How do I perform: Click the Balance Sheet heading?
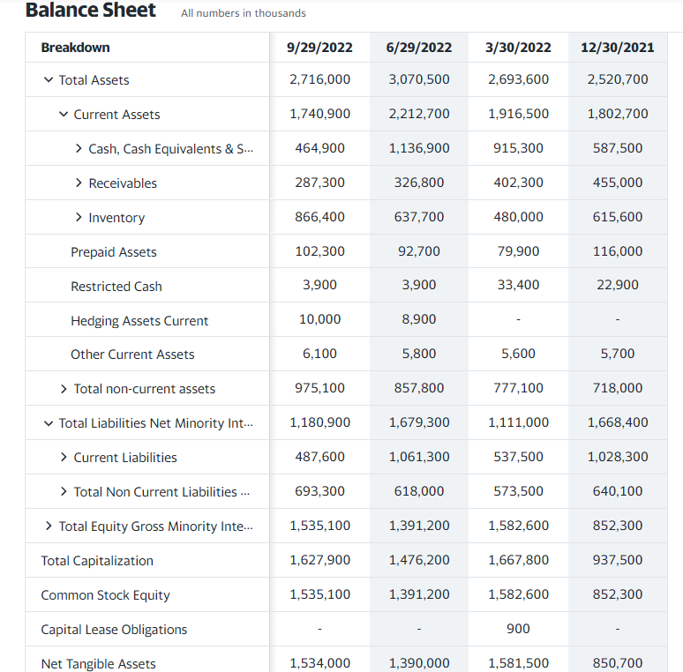click(91, 11)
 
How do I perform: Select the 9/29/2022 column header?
click(319, 48)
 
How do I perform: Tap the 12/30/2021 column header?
click(618, 48)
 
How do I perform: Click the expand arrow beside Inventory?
click(79, 217)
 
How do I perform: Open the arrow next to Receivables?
click(79, 183)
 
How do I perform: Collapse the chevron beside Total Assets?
click(49, 80)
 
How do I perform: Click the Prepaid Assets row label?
click(114, 252)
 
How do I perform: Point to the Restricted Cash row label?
click(116, 287)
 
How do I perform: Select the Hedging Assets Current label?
click(139, 321)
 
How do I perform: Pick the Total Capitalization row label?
click(97, 561)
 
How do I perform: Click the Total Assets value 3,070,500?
click(419, 79)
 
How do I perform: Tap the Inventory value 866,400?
click(319, 217)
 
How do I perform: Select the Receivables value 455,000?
click(618, 183)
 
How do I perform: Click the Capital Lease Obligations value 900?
click(518, 629)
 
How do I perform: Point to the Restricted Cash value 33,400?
click(518, 285)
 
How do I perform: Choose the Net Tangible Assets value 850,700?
click(618, 663)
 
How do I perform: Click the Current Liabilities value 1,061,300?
click(419, 457)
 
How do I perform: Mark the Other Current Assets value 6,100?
click(319, 354)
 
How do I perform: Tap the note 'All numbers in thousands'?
click(244, 13)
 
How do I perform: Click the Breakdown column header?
click(76, 48)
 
